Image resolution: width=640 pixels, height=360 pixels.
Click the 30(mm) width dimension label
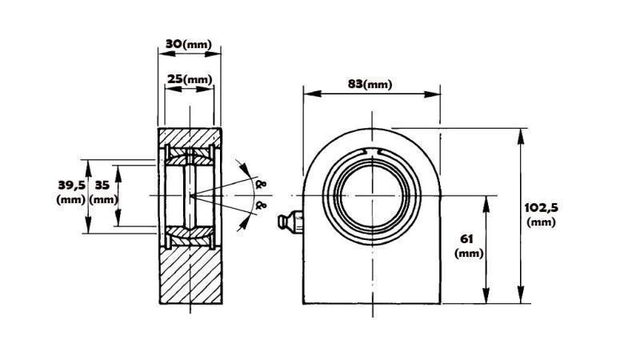188,44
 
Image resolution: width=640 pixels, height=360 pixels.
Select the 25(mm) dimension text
189,79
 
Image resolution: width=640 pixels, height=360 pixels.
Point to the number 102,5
541,207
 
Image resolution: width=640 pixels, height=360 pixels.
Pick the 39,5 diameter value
71,185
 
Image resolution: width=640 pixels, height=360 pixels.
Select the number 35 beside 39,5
102,185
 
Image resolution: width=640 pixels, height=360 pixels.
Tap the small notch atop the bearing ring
374,152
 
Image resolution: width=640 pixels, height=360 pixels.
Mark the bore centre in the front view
374,195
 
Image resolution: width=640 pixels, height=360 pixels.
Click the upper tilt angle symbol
258,183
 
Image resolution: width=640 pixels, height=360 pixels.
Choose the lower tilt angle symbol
258,206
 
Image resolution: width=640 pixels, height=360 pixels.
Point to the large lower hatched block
190,276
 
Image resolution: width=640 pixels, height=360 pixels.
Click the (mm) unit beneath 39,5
71,199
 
